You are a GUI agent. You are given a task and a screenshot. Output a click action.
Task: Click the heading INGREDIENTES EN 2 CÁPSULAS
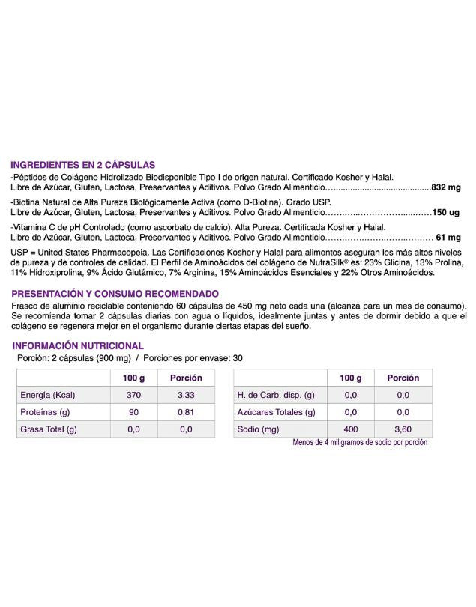(82, 164)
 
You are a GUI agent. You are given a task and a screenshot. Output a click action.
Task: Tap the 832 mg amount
(446, 187)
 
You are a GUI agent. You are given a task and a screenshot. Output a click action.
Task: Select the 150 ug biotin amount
(447, 214)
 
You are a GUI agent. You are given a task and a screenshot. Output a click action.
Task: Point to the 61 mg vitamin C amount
(450, 238)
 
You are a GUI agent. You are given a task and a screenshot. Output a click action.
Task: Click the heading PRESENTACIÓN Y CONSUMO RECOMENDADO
(115, 294)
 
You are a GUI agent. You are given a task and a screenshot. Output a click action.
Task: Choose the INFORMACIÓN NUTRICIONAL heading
(79, 345)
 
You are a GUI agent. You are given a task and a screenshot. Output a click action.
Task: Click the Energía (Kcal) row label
(48, 395)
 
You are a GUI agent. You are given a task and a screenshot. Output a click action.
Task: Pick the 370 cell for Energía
(133, 395)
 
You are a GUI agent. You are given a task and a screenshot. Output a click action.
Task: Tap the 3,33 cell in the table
(186, 395)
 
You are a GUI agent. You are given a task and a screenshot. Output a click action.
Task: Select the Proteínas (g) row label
(46, 412)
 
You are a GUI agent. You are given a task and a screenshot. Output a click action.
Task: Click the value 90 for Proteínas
(133, 412)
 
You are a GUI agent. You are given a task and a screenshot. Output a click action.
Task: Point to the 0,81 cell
(186, 412)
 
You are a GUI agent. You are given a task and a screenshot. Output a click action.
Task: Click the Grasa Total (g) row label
(49, 429)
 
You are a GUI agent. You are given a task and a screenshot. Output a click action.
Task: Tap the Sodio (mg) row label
(258, 429)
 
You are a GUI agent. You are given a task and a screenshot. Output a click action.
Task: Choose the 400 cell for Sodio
(350, 429)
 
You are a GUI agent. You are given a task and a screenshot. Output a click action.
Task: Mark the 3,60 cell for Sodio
(403, 429)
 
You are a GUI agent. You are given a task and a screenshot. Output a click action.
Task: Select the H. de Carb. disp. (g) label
(276, 395)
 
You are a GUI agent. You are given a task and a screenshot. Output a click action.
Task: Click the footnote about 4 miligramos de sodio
(360, 442)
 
